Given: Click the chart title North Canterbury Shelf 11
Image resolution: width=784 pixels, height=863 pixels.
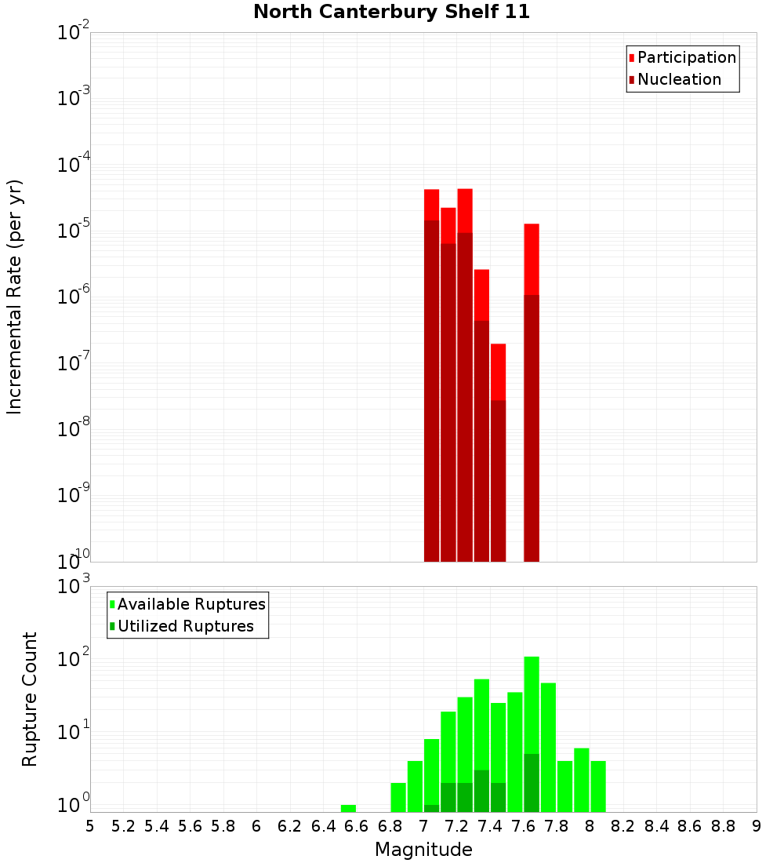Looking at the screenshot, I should [x=391, y=13].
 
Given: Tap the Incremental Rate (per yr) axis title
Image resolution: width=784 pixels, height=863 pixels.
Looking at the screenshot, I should [x=15, y=297].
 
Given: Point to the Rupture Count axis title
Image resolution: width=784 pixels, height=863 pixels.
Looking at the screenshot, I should [x=30, y=699].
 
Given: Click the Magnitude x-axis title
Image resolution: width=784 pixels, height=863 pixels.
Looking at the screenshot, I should [x=423, y=850].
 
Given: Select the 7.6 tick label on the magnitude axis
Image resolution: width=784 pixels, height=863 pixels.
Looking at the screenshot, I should [x=523, y=826].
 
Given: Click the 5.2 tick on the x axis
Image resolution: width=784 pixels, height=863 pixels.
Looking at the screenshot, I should [x=123, y=826].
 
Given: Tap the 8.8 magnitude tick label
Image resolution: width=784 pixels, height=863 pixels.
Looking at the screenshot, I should [x=723, y=826].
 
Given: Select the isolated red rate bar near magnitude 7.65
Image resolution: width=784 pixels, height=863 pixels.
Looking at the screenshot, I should [x=532, y=392].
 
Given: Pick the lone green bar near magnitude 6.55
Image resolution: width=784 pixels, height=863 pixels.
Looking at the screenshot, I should [x=348, y=808].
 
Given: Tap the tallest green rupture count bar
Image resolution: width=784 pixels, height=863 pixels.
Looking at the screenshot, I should [x=532, y=706].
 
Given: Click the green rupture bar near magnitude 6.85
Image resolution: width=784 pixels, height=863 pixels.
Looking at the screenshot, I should [x=398, y=797].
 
